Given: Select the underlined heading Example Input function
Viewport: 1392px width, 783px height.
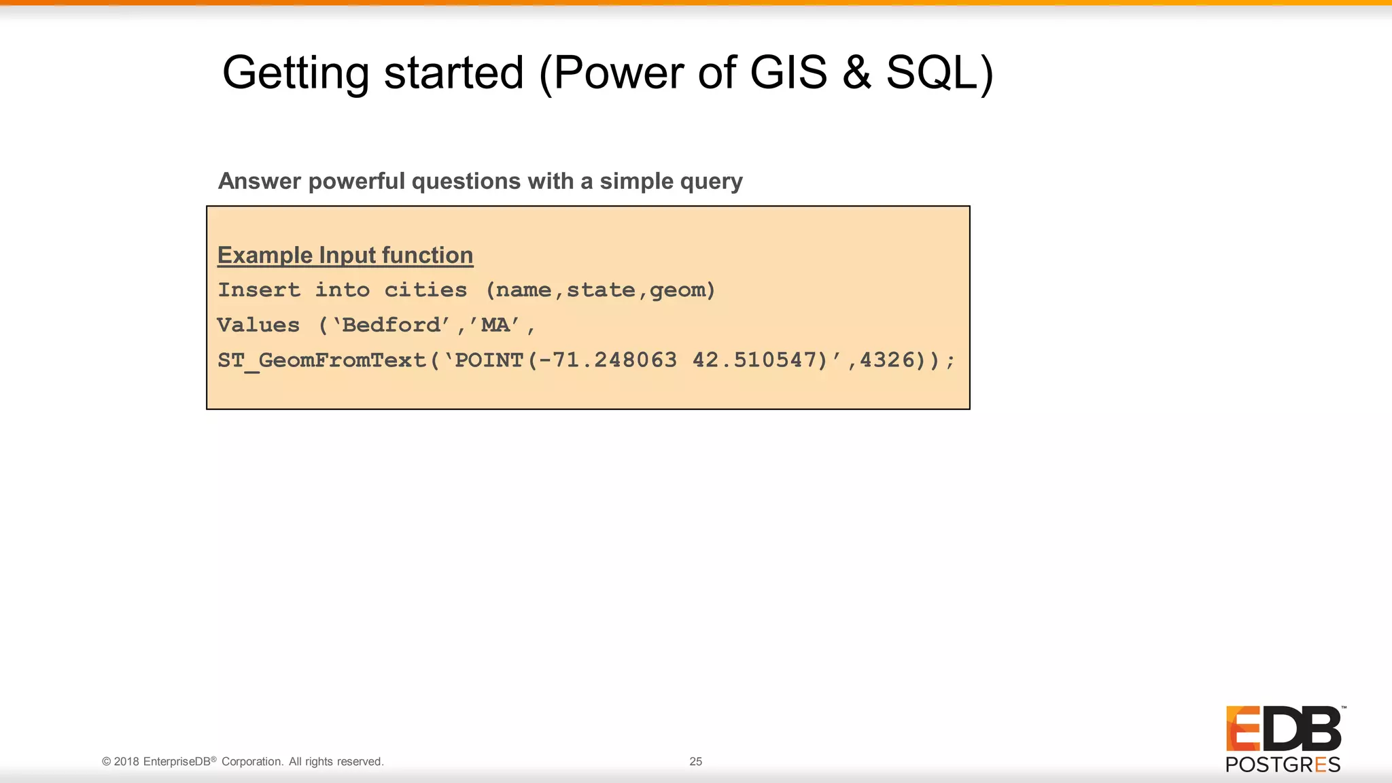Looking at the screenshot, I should (x=345, y=255).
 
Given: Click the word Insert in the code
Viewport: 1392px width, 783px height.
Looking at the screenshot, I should (x=259, y=290).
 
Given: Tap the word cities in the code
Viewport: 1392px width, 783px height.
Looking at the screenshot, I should (x=425, y=290).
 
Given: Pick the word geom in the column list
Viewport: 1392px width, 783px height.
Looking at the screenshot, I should (x=678, y=291).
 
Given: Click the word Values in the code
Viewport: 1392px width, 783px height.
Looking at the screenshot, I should (x=258, y=325).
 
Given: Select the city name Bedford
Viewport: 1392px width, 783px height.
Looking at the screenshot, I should (x=391, y=325).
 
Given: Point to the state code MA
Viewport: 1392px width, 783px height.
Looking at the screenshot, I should (x=495, y=325).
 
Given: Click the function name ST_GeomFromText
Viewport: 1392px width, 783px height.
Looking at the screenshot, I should (x=321, y=360).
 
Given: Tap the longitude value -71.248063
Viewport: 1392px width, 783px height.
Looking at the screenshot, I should (x=608, y=360).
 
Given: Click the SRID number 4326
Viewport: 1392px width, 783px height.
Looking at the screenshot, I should (x=887, y=360).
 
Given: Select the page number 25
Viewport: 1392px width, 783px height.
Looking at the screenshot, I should (x=695, y=761).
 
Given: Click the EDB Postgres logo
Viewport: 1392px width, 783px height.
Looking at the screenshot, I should (x=1283, y=739).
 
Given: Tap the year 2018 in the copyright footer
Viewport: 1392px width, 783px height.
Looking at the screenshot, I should (x=126, y=761).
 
